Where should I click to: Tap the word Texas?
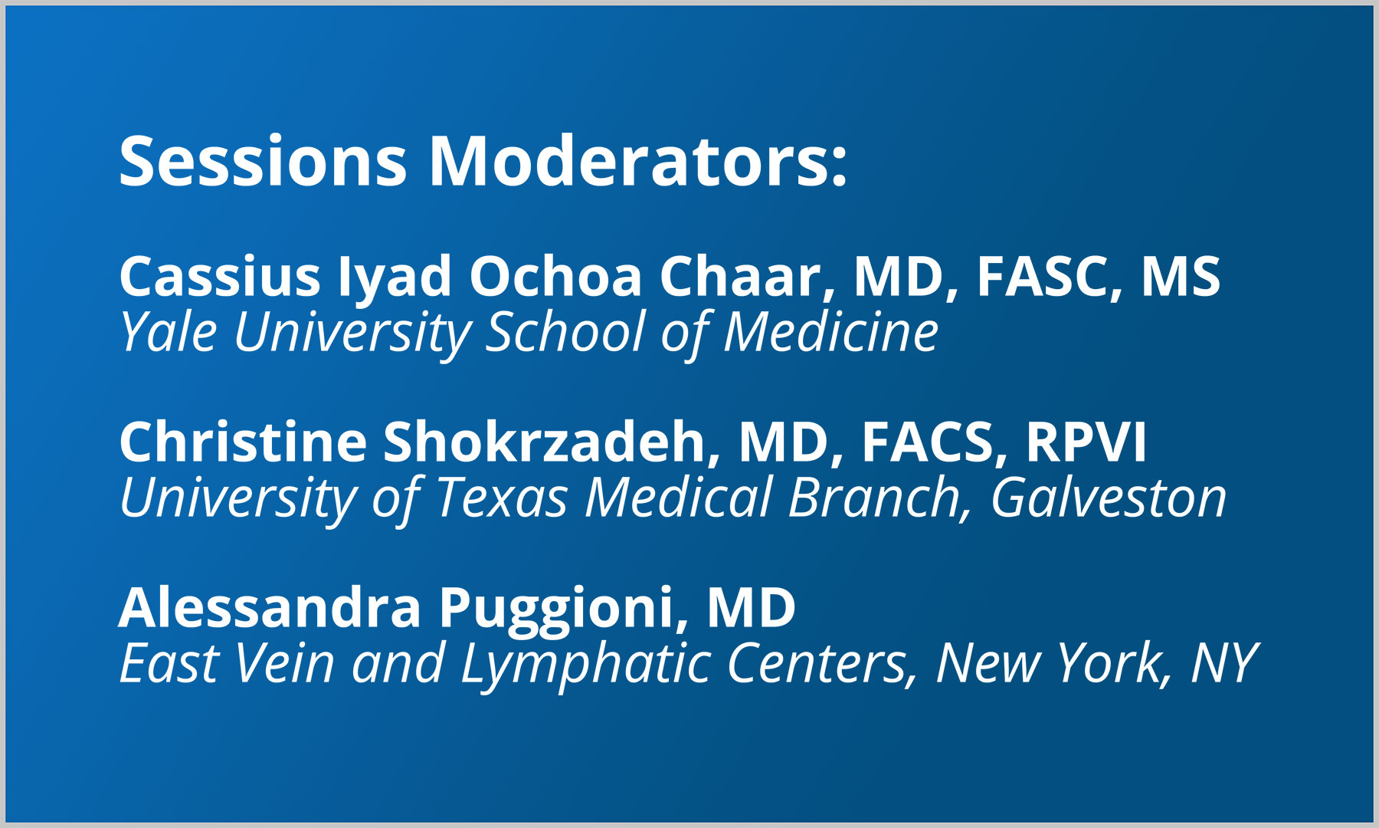(x=501, y=498)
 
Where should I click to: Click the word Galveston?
(x=1109, y=498)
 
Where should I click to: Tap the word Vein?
(x=283, y=664)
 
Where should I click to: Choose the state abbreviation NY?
(x=1223, y=664)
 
